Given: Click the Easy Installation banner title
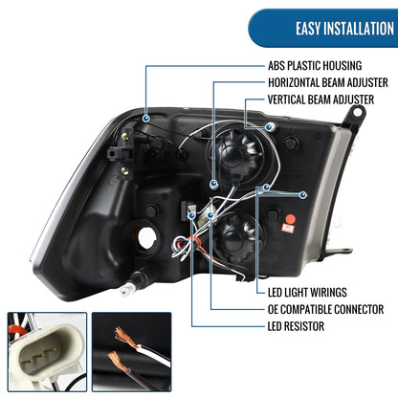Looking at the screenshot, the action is click(x=344, y=29).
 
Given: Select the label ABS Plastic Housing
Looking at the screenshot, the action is click(x=315, y=66).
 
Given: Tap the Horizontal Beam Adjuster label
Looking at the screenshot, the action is click(x=328, y=82).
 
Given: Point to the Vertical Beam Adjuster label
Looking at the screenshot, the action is click(x=321, y=99).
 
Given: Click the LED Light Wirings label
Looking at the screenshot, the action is click(x=307, y=292).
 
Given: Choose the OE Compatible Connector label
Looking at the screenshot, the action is click(x=325, y=309).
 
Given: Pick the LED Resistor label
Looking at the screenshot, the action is click(x=296, y=326).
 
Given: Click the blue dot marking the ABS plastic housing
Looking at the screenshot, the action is click(x=146, y=119).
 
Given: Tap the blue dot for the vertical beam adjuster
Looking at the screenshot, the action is click(x=270, y=127).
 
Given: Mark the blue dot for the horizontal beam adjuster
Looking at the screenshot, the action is click(x=213, y=184).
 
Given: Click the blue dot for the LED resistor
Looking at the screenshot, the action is click(x=191, y=215).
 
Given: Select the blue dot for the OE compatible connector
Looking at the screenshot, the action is click(x=210, y=215).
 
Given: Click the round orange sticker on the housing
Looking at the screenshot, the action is click(x=290, y=219).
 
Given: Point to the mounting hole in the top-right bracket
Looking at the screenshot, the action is click(x=358, y=112).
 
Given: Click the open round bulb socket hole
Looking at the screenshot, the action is click(x=147, y=236).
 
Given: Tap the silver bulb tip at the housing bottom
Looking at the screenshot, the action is click(x=127, y=289).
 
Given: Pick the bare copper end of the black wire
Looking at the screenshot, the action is click(x=119, y=362).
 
